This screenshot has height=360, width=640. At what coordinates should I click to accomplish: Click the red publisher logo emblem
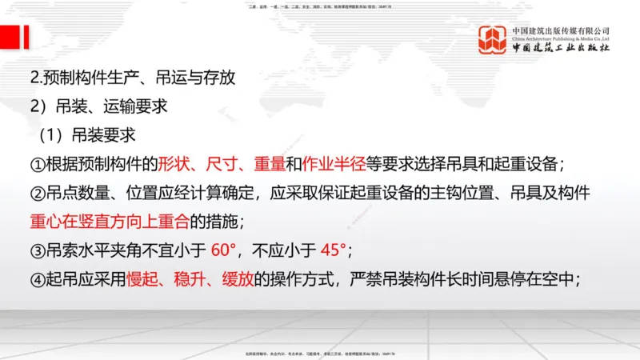pyautogui.click(x=493, y=40)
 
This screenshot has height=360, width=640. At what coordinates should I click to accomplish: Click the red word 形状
pyautogui.click(x=174, y=164)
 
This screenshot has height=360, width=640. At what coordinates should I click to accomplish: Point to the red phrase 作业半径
pyautogui.click(x=334, y=164)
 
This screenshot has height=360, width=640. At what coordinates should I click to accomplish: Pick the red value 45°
pyautogui.click(x=332, y=250)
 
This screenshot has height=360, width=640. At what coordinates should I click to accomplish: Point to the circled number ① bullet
pyautogui.click(x=38, y=165)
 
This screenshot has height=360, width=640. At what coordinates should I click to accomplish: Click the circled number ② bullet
pyautogui.click(x=38, y=194)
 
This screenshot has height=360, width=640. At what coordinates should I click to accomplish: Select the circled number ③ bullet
pyautogui.click(x=38, y=251)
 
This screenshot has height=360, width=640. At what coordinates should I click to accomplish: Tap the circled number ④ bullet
pyautogui.click(x=38, y=280)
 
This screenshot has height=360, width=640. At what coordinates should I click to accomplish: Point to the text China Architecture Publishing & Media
pyautogui.click(x=561, y=38)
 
